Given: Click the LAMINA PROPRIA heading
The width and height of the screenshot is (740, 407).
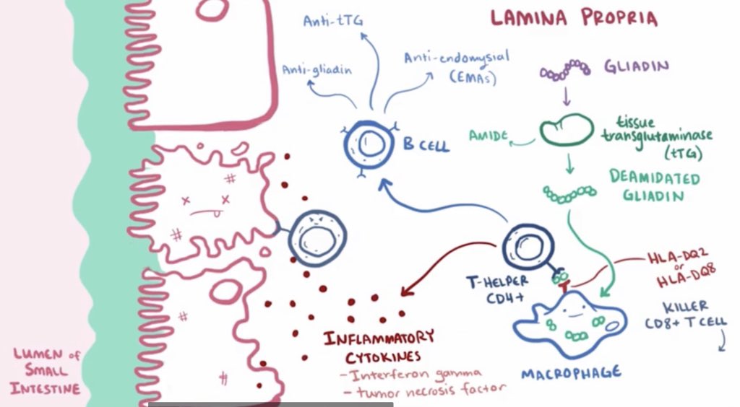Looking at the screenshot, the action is pyautogui.click(x=574, y=18).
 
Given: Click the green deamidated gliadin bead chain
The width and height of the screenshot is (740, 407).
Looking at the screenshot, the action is pyautogui.click(x=569, y=191).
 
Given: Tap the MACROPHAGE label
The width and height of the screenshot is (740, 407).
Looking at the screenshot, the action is pyautogui.click(x=571, y=373).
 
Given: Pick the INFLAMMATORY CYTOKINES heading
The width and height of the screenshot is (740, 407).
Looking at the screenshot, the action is pyautogui.click(x=380, y=346).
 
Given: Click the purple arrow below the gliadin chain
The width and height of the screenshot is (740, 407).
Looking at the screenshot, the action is pyautogui.click(x=565, y=95).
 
